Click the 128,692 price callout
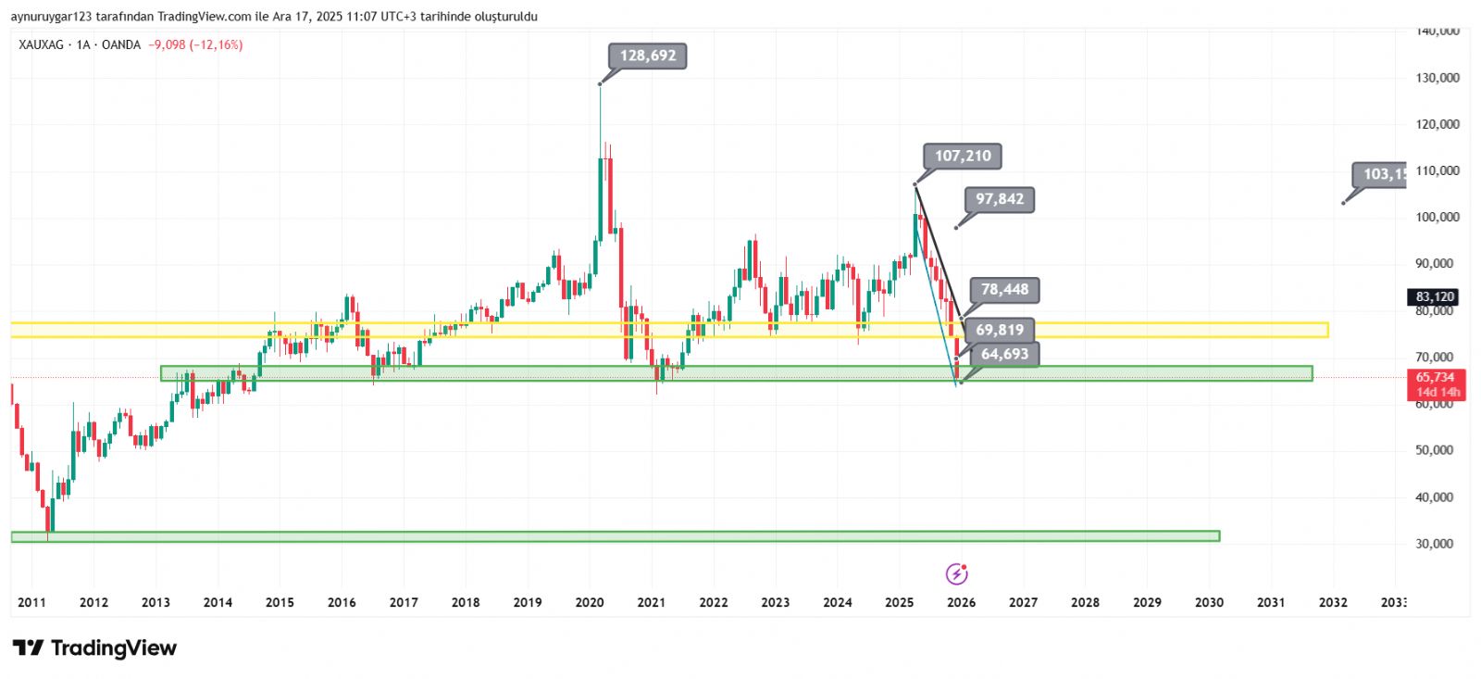(648, 56)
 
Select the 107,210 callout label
(963, 156)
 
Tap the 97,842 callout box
(1000, 199)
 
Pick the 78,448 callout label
(1004, 290)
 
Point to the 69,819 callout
(1000, 330)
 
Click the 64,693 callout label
(1004, 354)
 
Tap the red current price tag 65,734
(1435, 377)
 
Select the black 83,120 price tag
(1435, 297)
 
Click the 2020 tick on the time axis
(590, 602)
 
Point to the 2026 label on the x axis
(961, 602)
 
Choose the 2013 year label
(156, 602)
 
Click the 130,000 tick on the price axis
(1437, 78)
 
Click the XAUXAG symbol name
(41, 44)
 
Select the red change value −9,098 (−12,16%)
(195, 44)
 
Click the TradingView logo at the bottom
(94, 648)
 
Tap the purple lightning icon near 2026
(957, 574)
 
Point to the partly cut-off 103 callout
(1383, 174)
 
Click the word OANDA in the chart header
(121, 44)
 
